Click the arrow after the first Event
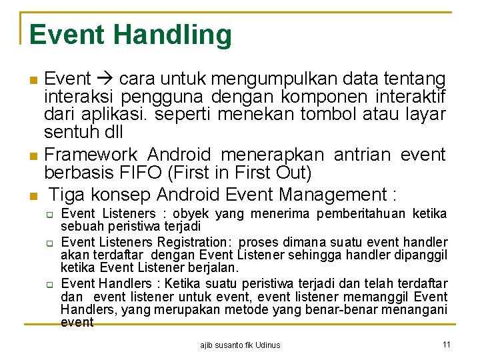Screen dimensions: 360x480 105,79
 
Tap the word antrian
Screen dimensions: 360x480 362,155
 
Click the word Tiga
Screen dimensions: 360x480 68,195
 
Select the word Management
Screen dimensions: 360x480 333,195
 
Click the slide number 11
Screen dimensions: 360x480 446,344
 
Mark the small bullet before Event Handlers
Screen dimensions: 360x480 49,284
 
